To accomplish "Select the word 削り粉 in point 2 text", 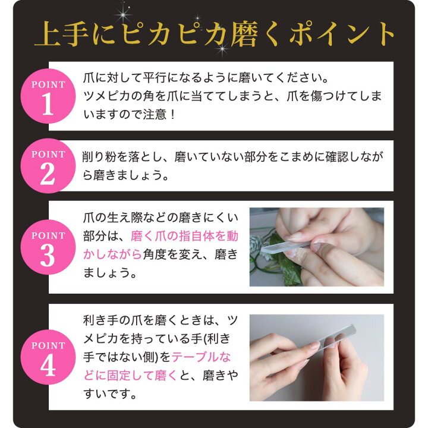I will (100, 158).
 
